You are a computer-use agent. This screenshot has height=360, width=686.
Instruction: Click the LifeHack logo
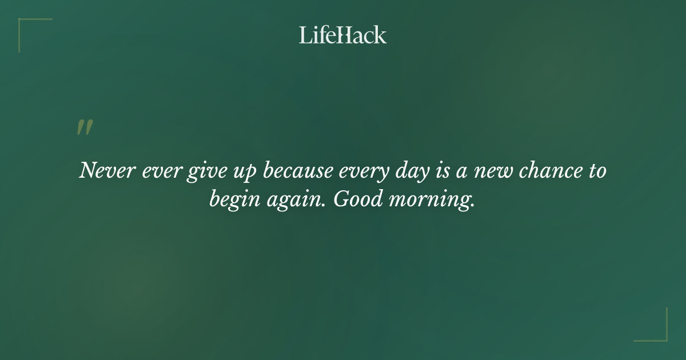343,35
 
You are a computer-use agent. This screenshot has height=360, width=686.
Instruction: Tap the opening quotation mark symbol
85,127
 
